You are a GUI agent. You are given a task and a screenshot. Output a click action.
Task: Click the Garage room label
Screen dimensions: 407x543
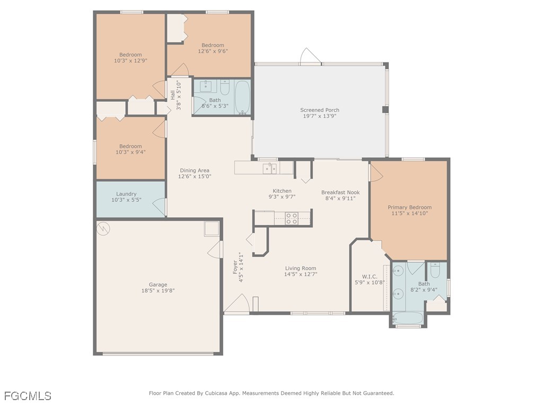158,285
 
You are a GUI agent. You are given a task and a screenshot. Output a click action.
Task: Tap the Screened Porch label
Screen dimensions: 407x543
319,110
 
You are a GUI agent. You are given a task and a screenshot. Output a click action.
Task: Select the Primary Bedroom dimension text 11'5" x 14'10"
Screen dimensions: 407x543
409,214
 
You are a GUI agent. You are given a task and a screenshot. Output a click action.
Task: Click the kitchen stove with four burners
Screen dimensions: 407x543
292,218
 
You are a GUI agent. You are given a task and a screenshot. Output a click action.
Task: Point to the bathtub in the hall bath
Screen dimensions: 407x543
242,97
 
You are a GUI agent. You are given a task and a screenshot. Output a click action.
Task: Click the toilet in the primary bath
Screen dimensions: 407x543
435,272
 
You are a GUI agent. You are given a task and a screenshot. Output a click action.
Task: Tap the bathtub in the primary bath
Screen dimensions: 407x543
408,319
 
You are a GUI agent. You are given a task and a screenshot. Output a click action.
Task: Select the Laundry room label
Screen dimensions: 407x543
126,194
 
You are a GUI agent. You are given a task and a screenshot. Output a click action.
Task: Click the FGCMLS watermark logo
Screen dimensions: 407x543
28,395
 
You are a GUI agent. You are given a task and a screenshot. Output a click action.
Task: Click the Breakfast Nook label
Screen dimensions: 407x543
340,192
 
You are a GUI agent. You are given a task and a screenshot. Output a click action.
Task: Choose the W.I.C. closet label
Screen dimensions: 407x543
370,276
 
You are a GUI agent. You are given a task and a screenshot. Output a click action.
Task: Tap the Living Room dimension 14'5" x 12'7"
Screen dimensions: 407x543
301,275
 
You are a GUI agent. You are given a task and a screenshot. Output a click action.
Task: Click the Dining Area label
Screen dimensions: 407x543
195,170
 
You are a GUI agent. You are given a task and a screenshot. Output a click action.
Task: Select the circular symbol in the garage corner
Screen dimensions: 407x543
104,228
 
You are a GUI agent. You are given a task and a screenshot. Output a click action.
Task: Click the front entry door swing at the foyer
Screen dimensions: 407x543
237,304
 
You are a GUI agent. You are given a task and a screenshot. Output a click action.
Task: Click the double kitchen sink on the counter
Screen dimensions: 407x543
270,169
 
